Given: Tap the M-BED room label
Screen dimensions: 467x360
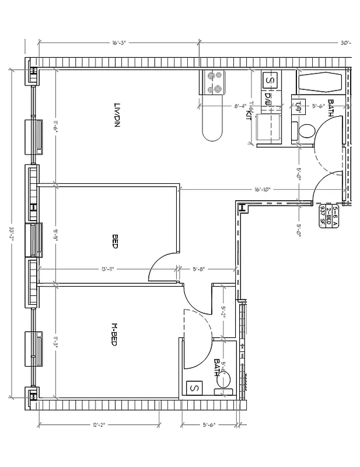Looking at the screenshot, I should click(115, 334).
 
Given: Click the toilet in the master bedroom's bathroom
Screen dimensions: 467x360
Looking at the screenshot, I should click(224, 380).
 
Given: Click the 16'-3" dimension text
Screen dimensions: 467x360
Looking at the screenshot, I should click(120, 43).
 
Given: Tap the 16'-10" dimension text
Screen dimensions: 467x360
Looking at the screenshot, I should click(263, 189).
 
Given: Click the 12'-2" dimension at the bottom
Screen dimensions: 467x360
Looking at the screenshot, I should click(97, 424).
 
